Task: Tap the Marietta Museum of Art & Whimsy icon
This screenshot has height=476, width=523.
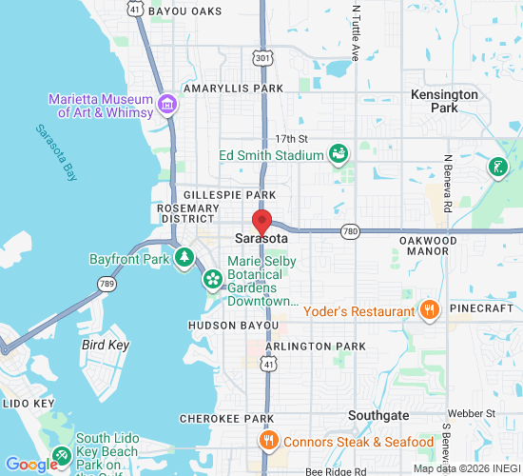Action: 168,104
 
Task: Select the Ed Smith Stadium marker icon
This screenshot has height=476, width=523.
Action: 337,153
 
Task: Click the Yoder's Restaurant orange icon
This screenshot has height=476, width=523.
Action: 429,309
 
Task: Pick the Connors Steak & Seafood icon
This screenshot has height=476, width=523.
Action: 268,440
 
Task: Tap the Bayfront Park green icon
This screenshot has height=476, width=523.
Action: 186,258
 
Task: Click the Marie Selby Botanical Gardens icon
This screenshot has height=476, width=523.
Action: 213,279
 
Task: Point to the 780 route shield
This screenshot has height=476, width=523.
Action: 351,230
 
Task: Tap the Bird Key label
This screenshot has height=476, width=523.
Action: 105,345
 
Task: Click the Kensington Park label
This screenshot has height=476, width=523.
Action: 444,102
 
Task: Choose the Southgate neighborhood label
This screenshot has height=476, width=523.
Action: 378,416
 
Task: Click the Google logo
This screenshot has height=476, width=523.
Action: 31,465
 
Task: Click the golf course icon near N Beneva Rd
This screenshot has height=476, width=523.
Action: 495,169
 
